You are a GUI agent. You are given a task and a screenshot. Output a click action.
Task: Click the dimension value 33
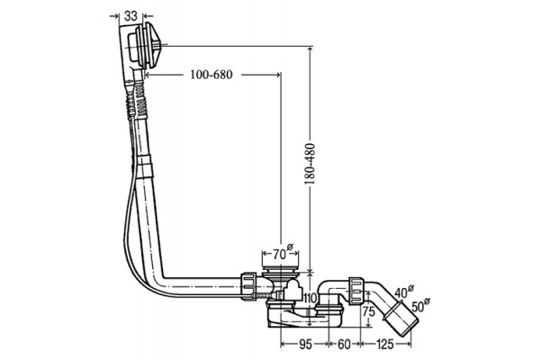(130, 15)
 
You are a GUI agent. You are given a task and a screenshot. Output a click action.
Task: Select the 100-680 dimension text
(211, 75)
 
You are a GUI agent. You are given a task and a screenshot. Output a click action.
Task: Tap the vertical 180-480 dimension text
(310, 164)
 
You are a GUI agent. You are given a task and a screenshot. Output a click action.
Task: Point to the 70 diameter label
(283, 253)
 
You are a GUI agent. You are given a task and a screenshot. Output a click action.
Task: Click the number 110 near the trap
(310, 298)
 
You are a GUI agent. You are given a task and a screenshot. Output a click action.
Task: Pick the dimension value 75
(369, 312)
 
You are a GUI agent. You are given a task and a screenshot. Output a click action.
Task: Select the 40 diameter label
(403, 292)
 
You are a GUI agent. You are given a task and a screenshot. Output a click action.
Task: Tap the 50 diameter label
(419, 305)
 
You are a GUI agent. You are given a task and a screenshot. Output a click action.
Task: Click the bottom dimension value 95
(305, 344)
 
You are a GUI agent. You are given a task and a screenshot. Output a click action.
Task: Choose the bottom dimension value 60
(344, 344)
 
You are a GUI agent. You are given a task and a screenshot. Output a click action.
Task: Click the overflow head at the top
(143, 46)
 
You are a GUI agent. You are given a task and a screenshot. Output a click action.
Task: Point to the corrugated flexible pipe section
(138, 100)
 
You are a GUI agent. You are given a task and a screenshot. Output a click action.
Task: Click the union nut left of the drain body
(249, 286)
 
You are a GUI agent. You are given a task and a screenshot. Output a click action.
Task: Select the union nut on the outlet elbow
(356, 291)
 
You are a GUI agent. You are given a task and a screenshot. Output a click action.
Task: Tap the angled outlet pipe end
(400, 319)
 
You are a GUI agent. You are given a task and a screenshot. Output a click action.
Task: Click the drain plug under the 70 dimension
(280, 269)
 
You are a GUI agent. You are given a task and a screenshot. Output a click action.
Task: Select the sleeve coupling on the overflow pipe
(144, 166)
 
